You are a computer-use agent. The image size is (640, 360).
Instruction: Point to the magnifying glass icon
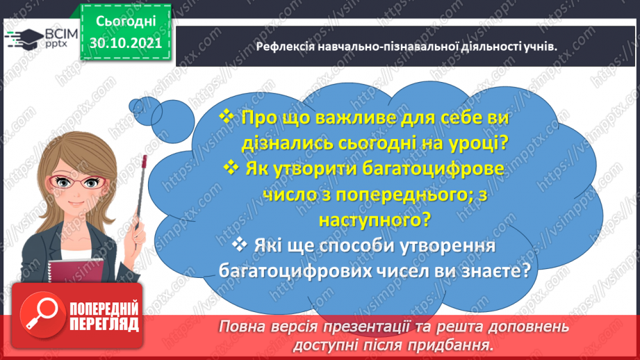tap(40, 316)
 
